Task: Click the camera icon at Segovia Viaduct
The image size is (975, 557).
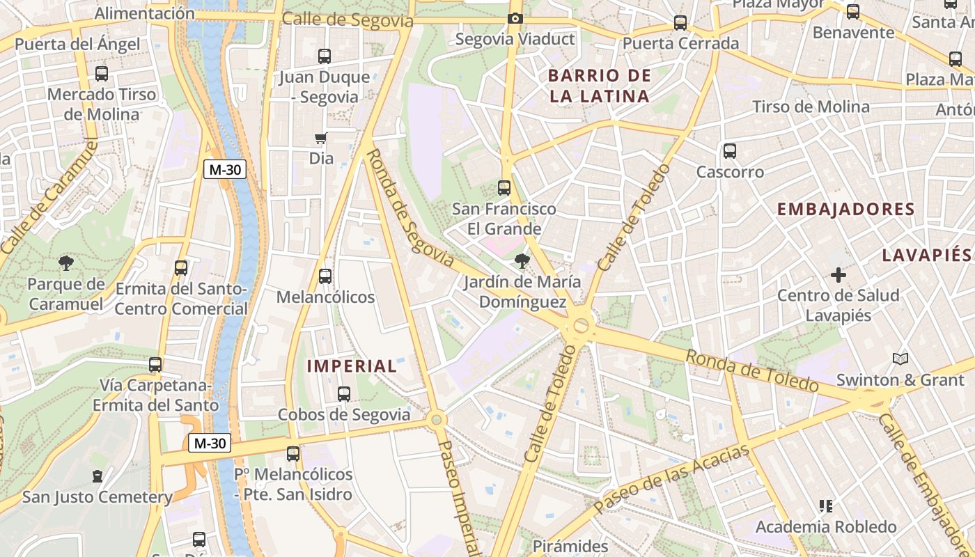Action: point(515,18)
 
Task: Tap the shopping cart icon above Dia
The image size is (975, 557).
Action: point(321,138)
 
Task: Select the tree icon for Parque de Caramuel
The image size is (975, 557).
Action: point(66,262)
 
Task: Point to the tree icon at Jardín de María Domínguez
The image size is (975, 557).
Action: point(521,261)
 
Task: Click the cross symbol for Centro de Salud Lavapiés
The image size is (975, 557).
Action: point(838,275)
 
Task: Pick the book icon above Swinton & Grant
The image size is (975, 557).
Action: point(900,359)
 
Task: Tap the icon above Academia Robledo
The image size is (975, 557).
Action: point(826,506)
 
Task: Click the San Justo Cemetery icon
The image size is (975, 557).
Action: point(97,477)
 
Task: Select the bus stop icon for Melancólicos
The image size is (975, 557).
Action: point(325,276)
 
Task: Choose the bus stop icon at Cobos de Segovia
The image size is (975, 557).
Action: point(343,394)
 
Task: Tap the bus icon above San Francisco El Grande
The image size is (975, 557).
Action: point(504,188)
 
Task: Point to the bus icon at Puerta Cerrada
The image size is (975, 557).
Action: point(680,23)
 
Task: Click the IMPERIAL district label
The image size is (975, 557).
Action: point(352,366)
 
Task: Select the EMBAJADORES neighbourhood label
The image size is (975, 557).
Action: point(845,210)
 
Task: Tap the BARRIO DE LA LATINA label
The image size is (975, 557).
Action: point(600,86)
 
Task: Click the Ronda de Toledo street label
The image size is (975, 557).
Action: point(751,371)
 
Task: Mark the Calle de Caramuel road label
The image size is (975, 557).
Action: point(49,197)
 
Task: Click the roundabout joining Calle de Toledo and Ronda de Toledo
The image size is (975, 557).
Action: point(579,325)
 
